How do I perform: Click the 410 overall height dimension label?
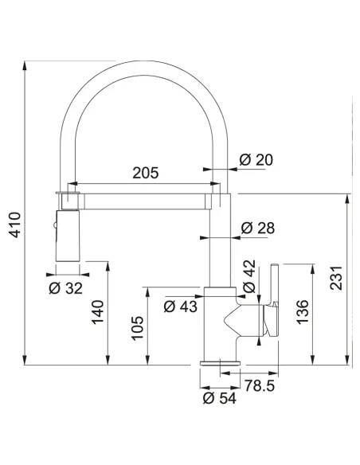15,225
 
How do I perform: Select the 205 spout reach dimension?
145,173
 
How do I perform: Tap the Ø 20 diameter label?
256,160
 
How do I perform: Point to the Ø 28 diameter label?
258,228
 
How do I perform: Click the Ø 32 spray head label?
65,288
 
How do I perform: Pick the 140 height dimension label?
98,312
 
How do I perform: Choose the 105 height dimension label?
137,328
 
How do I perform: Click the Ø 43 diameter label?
180,307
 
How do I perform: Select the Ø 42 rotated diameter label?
248,276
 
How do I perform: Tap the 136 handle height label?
303,312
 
